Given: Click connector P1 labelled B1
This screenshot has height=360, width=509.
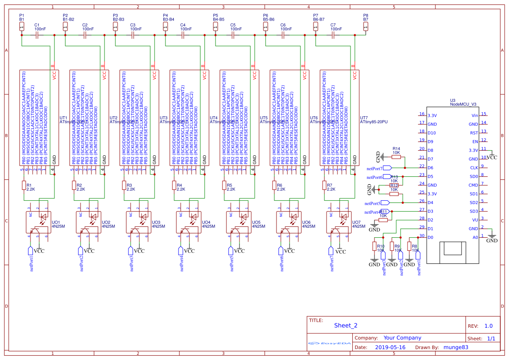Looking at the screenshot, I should (x=22, y=27).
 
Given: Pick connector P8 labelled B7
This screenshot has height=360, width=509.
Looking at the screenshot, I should (x=366, y=27).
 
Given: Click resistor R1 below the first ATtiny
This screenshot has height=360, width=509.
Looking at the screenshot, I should (x=24, y=185).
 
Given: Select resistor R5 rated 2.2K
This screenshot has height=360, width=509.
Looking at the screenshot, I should (x=224, y=185).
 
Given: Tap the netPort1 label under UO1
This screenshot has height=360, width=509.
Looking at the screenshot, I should (x=31, y=262).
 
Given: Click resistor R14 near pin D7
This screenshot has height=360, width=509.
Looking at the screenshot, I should (x=396, y=158).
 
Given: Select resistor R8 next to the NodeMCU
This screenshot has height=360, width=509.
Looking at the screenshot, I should (x=409, y=246).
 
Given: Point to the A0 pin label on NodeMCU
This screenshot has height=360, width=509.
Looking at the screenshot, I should (x=475, y=237).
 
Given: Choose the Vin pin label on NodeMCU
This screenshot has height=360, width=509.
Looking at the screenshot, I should (x=475, y=115).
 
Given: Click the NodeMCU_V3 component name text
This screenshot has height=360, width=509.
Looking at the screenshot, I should (x=463, y=104).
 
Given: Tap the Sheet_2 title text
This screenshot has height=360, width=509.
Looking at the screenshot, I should (x=346, y=325).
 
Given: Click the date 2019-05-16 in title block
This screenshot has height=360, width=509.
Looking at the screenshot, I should (x=390, y=347).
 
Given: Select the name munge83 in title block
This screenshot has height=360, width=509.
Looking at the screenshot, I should (x=456, y=347).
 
